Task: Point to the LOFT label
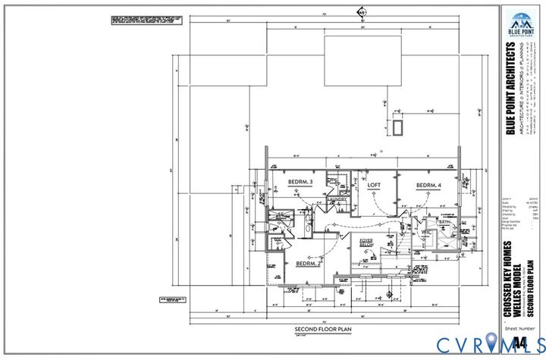(x=373, y=184)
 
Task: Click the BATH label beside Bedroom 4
(x=455, y=223)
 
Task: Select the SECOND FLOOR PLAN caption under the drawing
(x=318, y=330)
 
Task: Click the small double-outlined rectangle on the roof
(x=397, y=125)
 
